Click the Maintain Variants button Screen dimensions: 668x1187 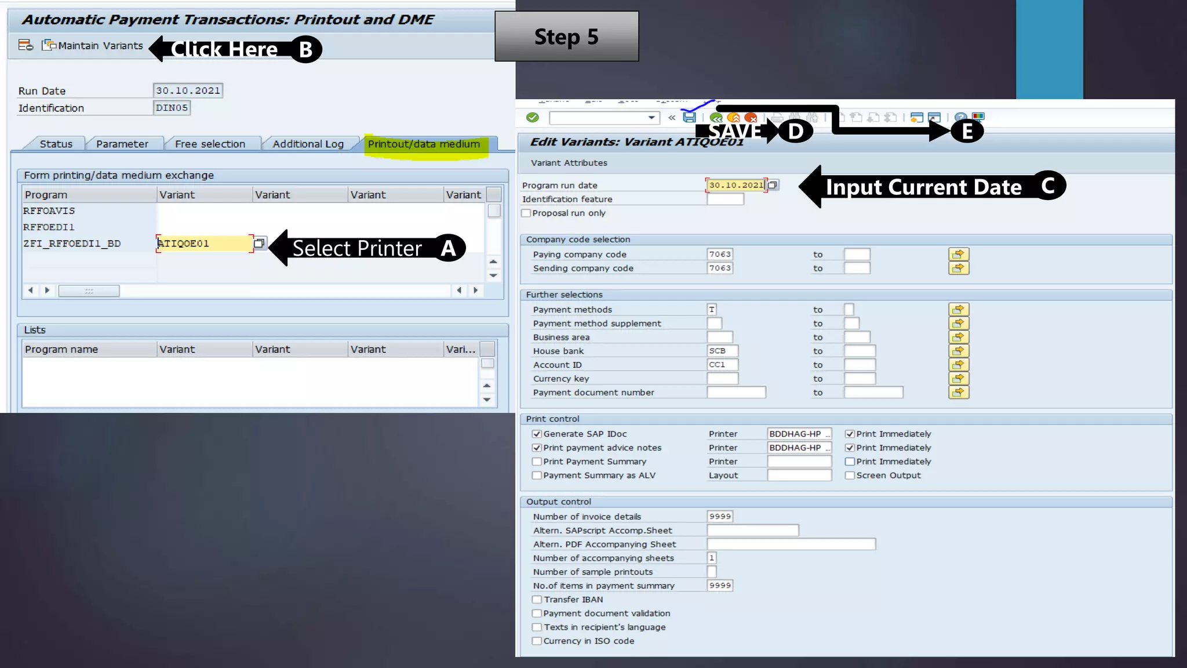coord(93,46)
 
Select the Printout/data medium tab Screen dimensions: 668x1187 coord(424,144)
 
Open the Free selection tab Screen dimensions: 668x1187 coord(210,144)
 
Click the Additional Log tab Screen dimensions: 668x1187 coord(308,144)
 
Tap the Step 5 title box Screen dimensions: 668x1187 coord(566,37)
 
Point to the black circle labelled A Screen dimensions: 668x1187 coord(449,248)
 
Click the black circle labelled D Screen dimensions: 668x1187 coord(795,131)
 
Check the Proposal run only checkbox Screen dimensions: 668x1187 coord(526,213)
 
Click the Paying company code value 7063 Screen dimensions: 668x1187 coord(720,254)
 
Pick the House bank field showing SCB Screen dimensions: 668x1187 coord(722,351)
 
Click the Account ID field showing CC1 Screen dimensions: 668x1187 coord(722,365)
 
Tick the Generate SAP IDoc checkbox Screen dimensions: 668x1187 coord(537,434)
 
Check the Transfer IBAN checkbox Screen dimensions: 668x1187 coord(537,600)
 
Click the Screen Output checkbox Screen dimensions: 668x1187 coord(850,475)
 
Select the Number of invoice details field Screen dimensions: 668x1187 coord(720,516)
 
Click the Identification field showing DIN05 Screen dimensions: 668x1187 coord(172,108)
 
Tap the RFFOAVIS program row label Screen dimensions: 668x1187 coord(49,211)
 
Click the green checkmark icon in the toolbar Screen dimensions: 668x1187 coord(532,118)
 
